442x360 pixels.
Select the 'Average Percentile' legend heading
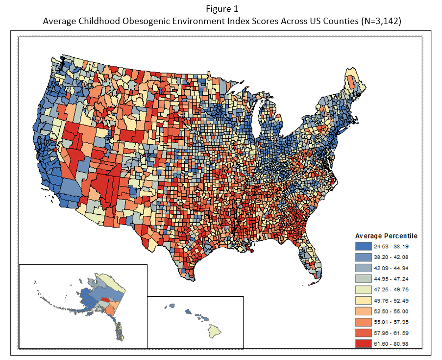(386, 236)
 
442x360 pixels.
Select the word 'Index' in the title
(231, 21)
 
